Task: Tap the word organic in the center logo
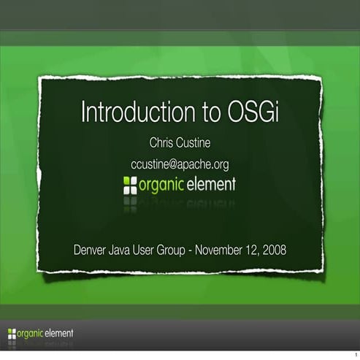tap(161, 184)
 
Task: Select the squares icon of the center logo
tap(129, 184)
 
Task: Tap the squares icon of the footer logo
tap(11, 334)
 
